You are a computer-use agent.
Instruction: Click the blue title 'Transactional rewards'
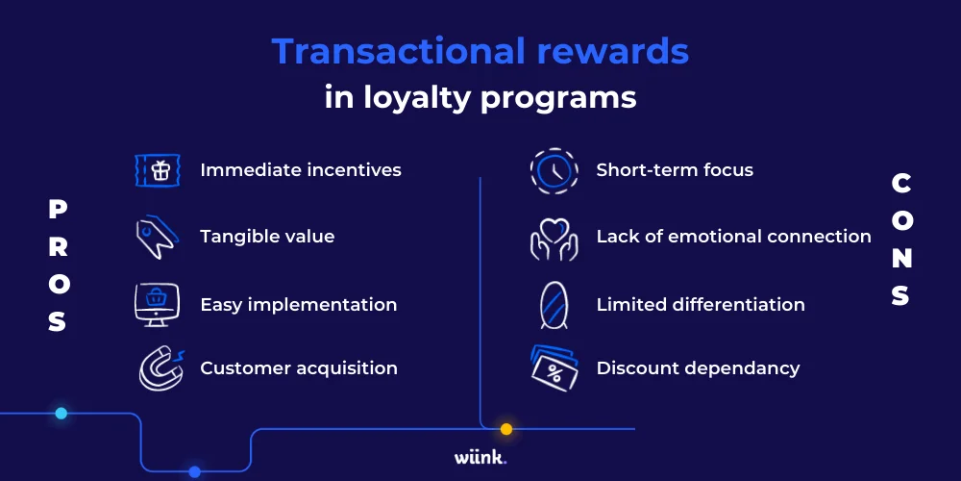click(x=480, y=51)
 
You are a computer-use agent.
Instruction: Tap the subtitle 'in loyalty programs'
click(x=480, y=98)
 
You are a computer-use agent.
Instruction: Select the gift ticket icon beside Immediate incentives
click(x=158, y=170)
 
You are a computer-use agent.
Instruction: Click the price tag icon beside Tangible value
click(x=155, y=237)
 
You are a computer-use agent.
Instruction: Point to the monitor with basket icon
click(x=158, y=305)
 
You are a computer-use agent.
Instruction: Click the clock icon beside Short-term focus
click(x=554, y=170)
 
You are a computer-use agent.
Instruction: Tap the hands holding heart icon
click(x=554, y=238)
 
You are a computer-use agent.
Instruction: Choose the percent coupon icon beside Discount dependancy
click(x=554, y=367)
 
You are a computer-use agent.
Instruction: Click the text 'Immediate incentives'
click(x=301, y=170)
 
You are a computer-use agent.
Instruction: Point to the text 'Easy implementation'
click(x=298, y=305)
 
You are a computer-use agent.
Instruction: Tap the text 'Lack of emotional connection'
click(x=733, y=237)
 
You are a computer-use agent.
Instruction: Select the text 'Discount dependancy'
click(x=698, y=367)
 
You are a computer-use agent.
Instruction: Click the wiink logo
click(x=480, y=458)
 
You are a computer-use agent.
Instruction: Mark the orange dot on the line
click(x=506, y=429)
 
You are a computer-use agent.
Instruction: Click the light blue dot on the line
click(x=61, y=414)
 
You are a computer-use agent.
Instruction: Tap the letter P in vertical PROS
click(x=58, y=209)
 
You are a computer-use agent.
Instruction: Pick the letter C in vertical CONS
click(x=901, y=183)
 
